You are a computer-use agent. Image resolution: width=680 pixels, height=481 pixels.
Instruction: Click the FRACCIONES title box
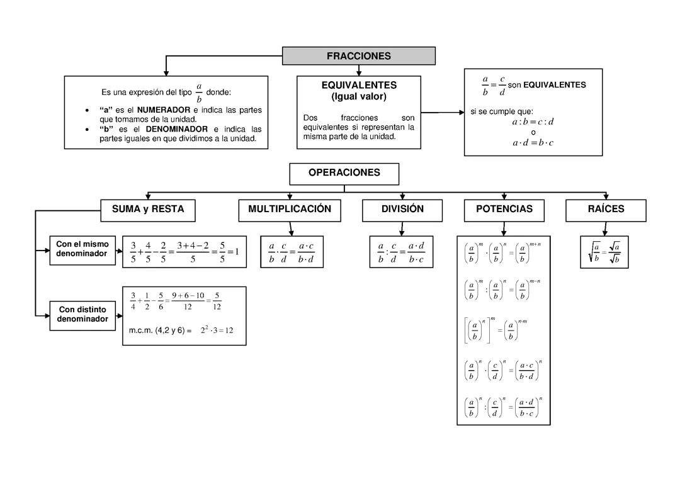coord(358,56)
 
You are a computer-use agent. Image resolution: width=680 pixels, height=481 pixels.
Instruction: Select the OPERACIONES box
coord(344,173)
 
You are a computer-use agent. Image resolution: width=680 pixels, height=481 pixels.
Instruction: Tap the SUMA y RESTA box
coord(148,210)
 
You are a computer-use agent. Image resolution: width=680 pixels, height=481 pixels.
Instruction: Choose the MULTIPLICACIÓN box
coord(290,210)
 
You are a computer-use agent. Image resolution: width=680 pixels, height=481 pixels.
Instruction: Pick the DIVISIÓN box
coord(402,210)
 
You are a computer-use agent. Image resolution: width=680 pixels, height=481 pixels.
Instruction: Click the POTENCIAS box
coord(504,210)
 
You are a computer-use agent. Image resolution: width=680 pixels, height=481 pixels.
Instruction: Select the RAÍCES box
coord(606,210)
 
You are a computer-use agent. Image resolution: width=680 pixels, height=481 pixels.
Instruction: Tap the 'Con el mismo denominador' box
coord(82,249)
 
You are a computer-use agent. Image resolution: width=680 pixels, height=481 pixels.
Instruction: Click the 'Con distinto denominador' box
coord(82,315)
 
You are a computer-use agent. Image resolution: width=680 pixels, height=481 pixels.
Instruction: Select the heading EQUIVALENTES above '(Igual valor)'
coord(359,85)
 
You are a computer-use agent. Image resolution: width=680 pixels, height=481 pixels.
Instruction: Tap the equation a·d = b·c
coord(533,143)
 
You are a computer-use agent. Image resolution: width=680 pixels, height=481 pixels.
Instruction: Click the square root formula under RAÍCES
coord(604,252)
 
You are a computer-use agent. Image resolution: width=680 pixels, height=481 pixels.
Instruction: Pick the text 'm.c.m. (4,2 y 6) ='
coord(160,331)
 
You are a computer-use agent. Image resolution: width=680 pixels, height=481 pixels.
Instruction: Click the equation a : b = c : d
coord(533,122)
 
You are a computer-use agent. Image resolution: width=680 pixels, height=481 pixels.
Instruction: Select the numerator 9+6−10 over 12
coord(188,295)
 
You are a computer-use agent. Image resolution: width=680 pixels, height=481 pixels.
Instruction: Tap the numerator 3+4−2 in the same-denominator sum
coord(193,246)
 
